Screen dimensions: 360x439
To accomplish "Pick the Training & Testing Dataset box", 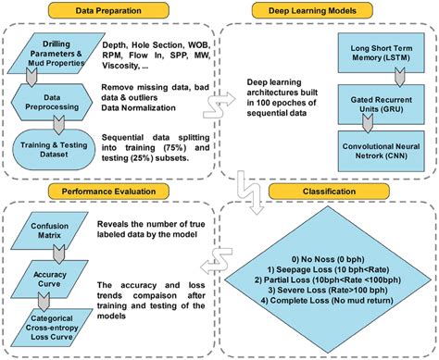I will pos(53,148).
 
